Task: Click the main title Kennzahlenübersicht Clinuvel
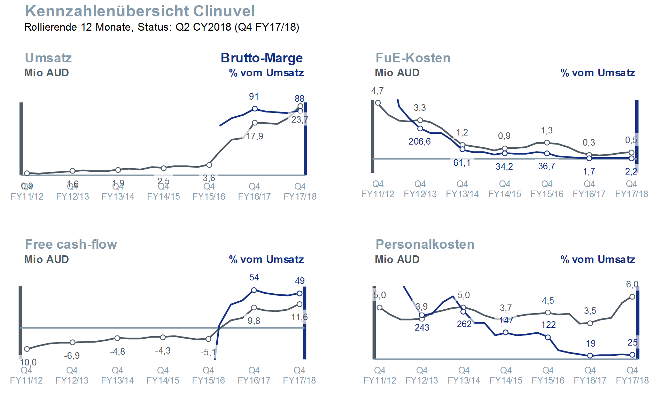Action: point(140,11)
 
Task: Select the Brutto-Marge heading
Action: point(262,58)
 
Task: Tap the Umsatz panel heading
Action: point(48,58)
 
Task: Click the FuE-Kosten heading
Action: point(413,58)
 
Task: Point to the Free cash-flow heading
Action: point(71,244)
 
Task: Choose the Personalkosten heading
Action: point(425,244)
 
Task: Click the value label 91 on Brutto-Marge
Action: point(254,96)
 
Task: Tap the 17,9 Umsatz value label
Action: point(255,136)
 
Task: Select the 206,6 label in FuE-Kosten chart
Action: point(419,141)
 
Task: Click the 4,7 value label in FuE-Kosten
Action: point(377,91)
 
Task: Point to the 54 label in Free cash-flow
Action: point(254,277)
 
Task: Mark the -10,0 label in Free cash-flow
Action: point(26,362)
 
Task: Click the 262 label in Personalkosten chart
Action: point(464,324)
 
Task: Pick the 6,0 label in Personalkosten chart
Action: point(632,284)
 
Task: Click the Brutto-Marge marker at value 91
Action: point(255,109)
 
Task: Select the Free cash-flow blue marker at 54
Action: point(254,290)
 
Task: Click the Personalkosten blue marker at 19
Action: point(590,356)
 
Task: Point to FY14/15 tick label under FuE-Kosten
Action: point(505,194)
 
